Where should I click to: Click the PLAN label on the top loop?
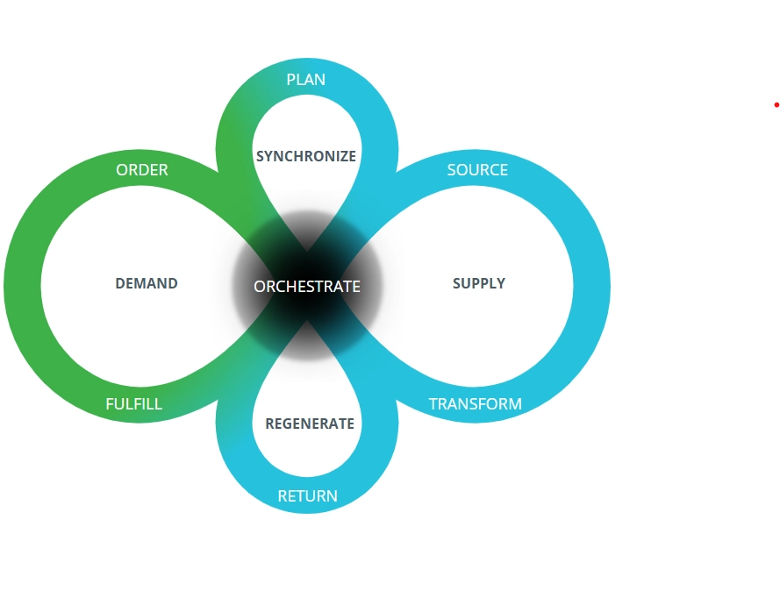click(306, 80)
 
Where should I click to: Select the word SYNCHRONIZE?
click(306, 156)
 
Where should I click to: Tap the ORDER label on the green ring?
click(142, 170)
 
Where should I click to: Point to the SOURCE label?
click(477, 170)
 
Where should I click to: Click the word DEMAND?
click(147, 283)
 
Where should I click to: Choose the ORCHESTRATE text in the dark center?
click(307, 287)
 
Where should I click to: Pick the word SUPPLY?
click(479, 283)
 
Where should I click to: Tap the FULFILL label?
click(134, 404)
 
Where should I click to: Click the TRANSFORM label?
click(475, 404)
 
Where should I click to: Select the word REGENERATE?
click(310, 424)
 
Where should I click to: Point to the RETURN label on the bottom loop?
click(307, 496)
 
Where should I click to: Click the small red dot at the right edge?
click(776, 105)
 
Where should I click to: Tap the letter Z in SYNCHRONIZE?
click(340, 156)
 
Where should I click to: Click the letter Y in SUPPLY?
click(501, 283)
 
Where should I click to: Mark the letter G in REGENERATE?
click(288, 424)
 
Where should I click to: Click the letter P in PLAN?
click(291, 80)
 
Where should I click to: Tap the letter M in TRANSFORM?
click(515, 404)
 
